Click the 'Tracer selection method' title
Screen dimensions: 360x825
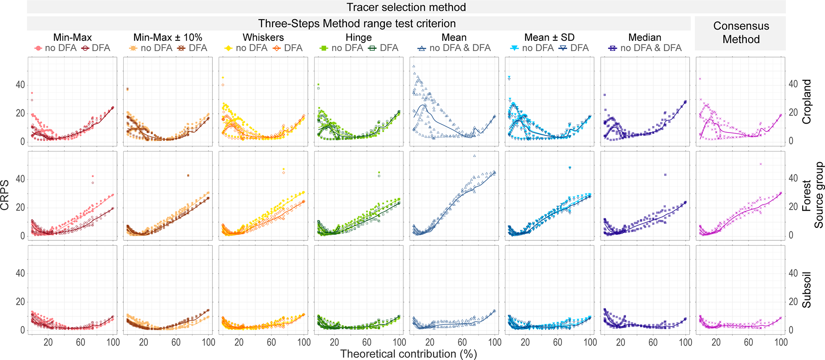tap(406, 7)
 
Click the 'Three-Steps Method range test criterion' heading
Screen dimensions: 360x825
tap(356, 24)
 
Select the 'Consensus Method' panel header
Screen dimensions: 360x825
tap(741, 33)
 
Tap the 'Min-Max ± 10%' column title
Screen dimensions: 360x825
tap(168, 38)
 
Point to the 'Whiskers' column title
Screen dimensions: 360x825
tap(263, 38)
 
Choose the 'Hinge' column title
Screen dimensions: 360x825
tap(358, 38)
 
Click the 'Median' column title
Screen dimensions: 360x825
tap(645, 38)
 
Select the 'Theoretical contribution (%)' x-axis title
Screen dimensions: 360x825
tap(408, 354)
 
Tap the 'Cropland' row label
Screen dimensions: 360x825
tap(806, 102)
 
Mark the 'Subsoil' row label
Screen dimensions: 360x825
tap(806, 290)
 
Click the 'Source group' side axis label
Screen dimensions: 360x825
tap(819, 195)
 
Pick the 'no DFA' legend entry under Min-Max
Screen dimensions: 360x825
tap(56, 48)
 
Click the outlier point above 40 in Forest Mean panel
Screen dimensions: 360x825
tap(474, 156)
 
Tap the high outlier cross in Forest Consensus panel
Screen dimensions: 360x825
tap(761, 164)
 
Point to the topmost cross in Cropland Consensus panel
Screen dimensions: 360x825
tap(700, 79)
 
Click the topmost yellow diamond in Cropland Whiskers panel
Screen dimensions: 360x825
tap(223, 77)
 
